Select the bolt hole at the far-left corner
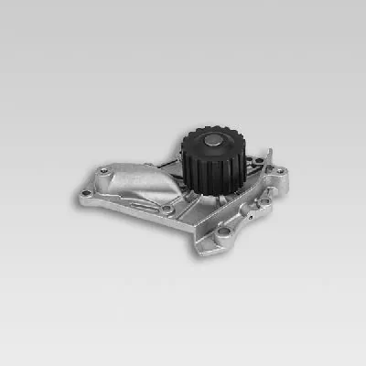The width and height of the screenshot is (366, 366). pyautogui.click(x=87, y=194)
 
